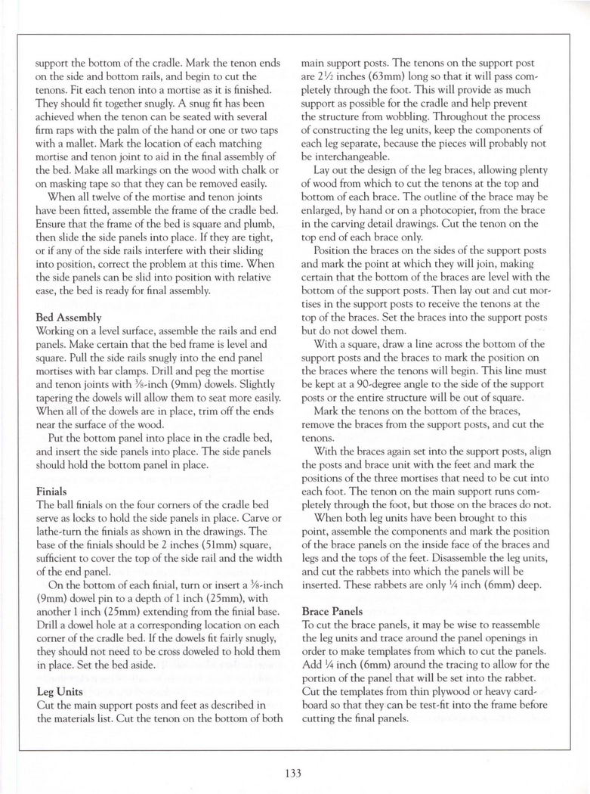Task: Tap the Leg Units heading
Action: click(x=60, y=690)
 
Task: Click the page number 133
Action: click(x=294, y=772)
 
